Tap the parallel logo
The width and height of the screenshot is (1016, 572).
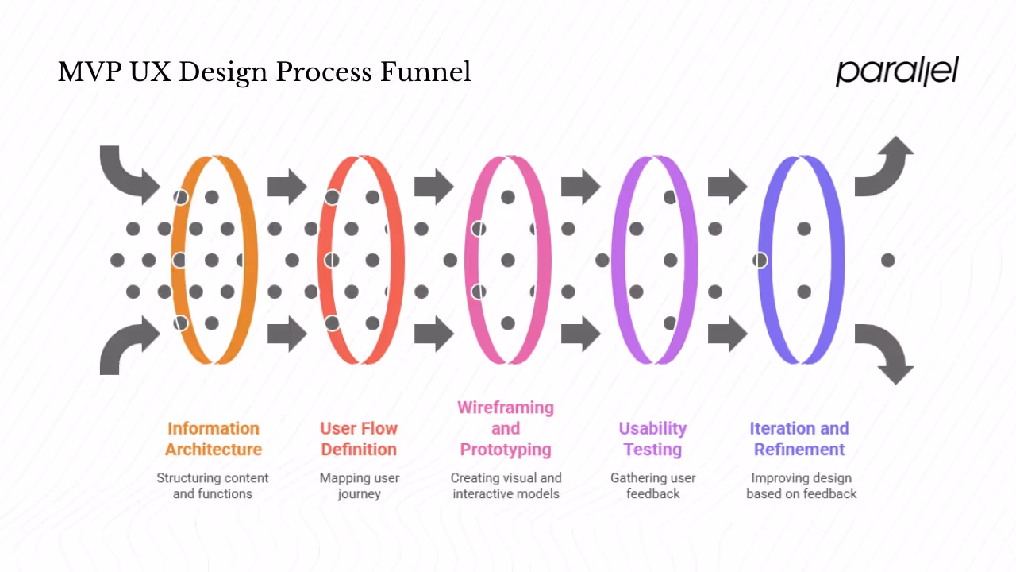click(x=897, y=71)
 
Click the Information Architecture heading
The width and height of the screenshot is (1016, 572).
click(x=214, y=439)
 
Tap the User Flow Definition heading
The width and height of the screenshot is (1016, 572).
click(x=359, y=439)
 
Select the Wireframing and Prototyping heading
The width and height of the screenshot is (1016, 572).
click(x=506, y=428)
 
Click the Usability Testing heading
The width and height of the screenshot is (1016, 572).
click(x=652, y=439)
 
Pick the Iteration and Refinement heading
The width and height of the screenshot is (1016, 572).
click(x=799, y=439)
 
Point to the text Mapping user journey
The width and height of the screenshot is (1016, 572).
click(x=360, y=485)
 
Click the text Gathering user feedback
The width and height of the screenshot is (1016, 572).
click(x=652, y=485)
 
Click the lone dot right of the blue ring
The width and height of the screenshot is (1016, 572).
click(x=887, y=260)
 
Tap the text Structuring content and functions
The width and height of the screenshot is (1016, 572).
click(x=213, y=485)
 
